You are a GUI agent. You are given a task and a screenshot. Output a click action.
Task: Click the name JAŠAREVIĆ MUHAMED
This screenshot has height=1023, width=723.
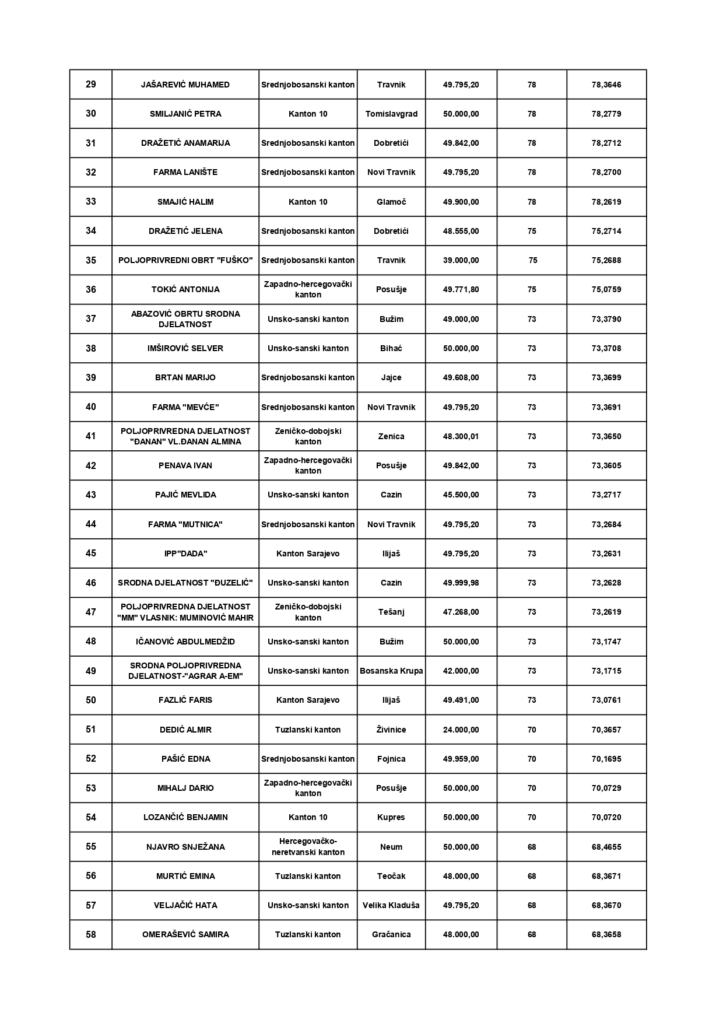[185, 85]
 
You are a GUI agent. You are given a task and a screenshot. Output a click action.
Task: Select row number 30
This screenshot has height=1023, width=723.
[91, 114]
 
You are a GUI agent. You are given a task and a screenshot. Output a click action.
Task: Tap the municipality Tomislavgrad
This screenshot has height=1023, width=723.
[391, 114]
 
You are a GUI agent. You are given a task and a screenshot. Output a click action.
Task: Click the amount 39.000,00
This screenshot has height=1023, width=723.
[461, 260]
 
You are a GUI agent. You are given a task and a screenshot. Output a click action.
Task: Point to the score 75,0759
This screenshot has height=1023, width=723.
[606, 289]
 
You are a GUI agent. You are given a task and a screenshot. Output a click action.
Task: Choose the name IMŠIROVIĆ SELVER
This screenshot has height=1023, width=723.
[185, 348]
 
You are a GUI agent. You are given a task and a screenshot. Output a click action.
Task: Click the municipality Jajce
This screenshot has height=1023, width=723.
[391, 377]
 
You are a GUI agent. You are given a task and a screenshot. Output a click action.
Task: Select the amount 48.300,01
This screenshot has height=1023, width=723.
[461, 436]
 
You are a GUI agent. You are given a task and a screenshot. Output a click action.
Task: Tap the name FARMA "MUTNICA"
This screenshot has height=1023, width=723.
[185, 524]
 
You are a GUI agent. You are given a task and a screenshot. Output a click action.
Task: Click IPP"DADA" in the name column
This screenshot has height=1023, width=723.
[185, 553]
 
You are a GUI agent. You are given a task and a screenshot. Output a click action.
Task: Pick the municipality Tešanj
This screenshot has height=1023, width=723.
[391, 612]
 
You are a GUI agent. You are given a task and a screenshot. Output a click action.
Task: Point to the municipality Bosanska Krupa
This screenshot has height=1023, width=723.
[391, 671]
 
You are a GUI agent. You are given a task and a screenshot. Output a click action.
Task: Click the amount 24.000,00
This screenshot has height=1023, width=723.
[461, 730]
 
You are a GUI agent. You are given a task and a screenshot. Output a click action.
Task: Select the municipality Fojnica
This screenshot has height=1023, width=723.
[391, 759]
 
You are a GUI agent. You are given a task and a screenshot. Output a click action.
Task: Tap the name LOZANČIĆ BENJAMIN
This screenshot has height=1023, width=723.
[185, 817]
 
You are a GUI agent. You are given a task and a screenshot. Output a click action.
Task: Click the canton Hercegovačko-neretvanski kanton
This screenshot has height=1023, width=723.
[308, 847]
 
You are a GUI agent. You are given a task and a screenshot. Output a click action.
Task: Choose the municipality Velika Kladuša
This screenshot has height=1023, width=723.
[391, 905]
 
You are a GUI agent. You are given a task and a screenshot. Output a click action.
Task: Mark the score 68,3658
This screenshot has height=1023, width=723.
[606, 934]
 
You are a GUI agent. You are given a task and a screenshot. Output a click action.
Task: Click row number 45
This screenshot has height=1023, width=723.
[91, 553]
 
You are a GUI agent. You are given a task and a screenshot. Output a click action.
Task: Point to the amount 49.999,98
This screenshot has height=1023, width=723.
[461, 583]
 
